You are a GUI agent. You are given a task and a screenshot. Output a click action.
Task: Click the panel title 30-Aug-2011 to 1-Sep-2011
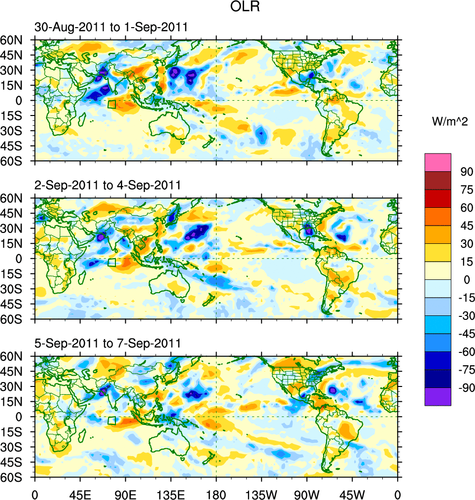111,28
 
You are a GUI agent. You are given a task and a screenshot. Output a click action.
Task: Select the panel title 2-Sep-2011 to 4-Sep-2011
108,186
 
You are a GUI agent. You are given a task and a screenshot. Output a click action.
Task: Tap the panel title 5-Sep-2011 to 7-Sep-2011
108,343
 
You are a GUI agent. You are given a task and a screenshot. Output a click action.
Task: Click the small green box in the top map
111,104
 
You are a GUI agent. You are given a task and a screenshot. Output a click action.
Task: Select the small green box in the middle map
111,263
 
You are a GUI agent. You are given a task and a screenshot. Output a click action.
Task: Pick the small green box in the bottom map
111,421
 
